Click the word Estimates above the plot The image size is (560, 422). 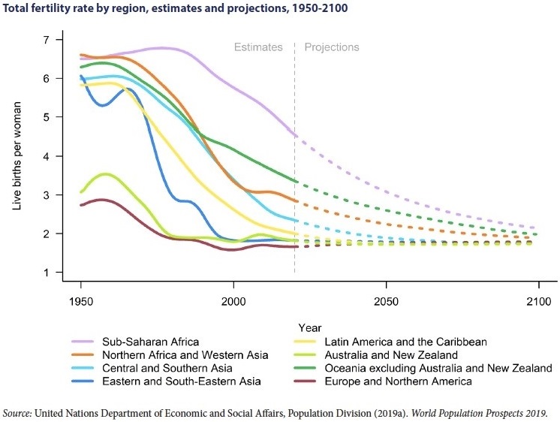click(258, 47)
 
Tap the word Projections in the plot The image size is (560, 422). click(331, 47)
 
